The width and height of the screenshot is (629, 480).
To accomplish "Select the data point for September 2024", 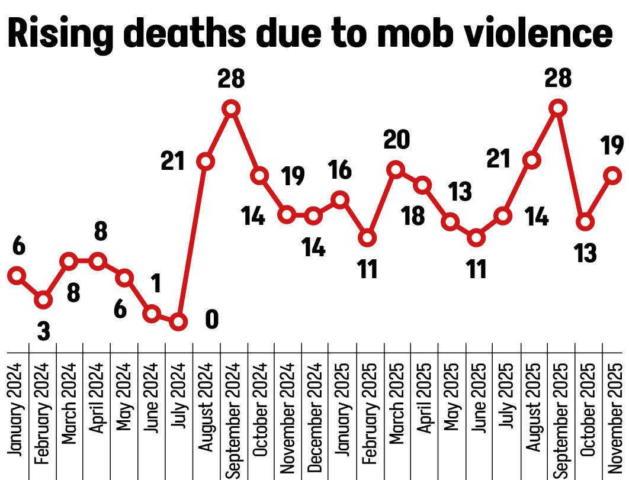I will (x=232, y=108).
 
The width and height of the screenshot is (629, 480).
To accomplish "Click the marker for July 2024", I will (x=178, y=322).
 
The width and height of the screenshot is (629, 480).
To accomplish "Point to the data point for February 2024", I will (x=43, y=300).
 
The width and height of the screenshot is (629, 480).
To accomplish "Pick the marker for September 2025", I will (x=557, y=108).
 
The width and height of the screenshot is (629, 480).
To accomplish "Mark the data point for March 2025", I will (x=396, y=170).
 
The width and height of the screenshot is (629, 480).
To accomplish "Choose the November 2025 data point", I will (x=613, y=175).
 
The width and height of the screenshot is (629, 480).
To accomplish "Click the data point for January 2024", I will (x=17, y=276).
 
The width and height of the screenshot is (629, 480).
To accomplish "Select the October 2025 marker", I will (x=585, y=222).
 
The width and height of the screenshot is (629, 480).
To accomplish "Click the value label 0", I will (x=211, y=320).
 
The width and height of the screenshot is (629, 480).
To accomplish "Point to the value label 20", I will (x=396, y=140).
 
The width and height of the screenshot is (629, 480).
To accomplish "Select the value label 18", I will (x=412, y=215).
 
